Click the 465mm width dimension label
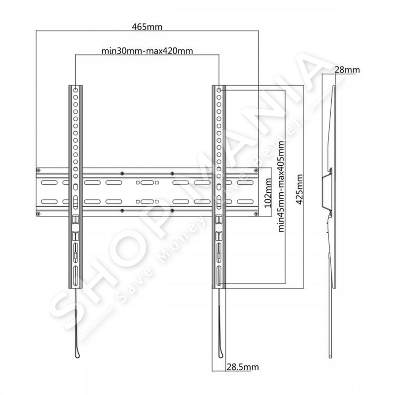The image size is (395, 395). pos(147,27)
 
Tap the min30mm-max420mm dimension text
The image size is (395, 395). pos(147,51)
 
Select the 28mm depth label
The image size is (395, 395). pos(347,70)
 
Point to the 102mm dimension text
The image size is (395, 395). pos(268,193)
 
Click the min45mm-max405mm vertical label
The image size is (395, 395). pos(281,186)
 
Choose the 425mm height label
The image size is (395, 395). pos(299,189)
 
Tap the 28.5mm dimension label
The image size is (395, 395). pos(242,367)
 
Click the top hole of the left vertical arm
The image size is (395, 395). pos(76,90)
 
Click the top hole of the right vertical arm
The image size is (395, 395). pos(219,90)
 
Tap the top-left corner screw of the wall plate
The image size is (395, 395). pos(38,170)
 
